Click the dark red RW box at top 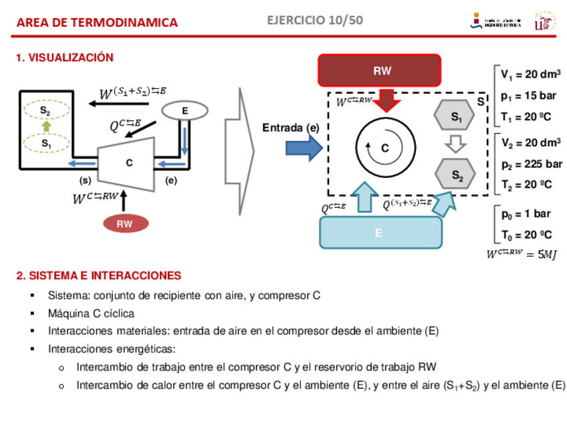click(379, 71)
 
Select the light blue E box click(380, 233)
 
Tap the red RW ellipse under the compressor click(125, 224)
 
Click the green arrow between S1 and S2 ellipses click(45, 126)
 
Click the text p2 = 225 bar click(531, 164)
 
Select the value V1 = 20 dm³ click(530, 74)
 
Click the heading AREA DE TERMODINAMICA click(97, 23)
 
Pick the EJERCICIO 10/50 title click(315, 20)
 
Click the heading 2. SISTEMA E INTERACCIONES click(98, 275)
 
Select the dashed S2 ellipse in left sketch click(45, 110)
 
